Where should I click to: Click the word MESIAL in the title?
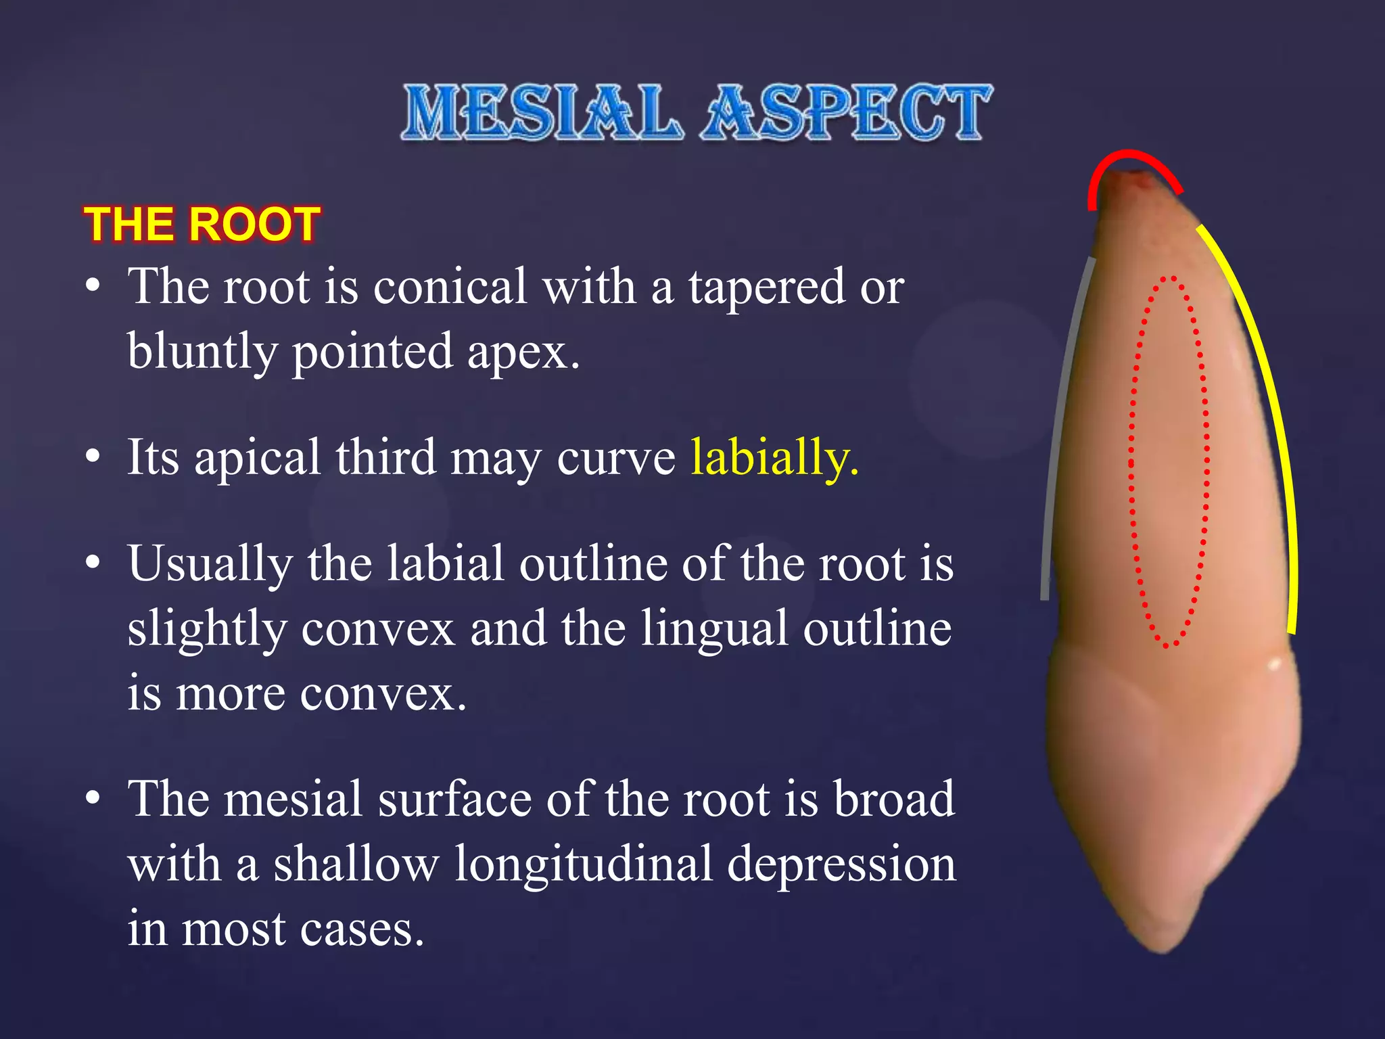tap(541, 113)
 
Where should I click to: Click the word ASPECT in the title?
tap(847, 113)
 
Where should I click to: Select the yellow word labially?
tap(774, 458)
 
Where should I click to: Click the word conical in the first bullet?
tap(450, 287)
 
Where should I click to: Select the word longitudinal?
tap(583, 864)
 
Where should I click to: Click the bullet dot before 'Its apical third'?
tap(93, 457)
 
